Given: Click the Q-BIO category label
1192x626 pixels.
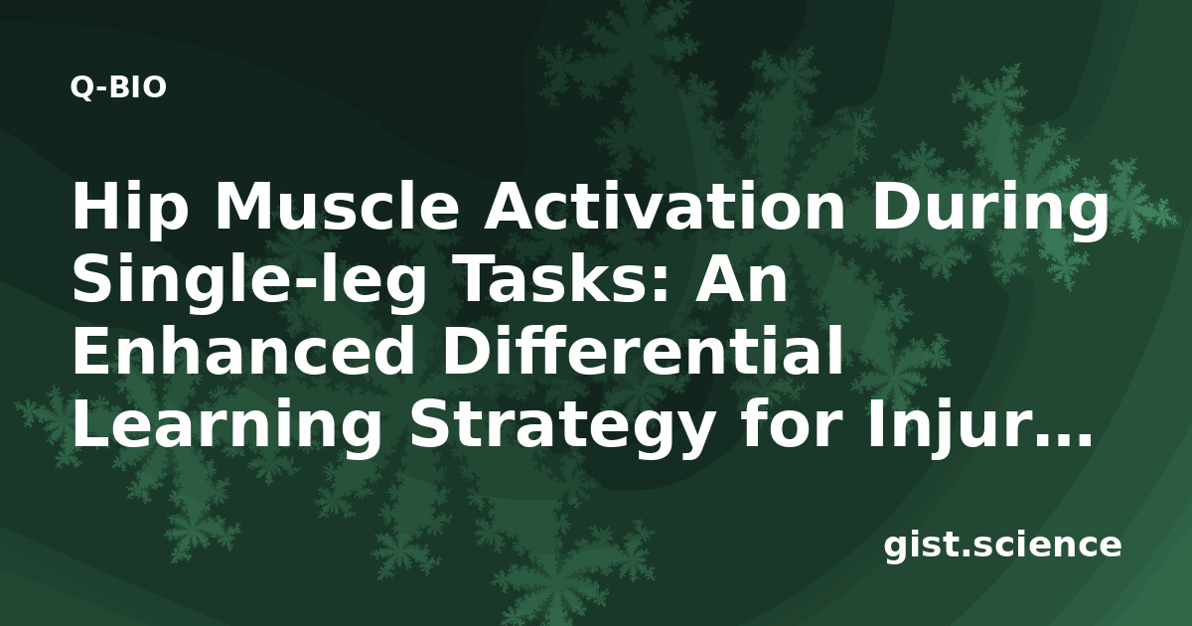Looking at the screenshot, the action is [x=118, y=87].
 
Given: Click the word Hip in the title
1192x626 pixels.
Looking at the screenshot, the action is [x=129, y=208].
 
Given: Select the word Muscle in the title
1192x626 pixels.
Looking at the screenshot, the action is [x=337, y=207].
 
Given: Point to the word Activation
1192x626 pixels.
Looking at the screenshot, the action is [x=664, y=207].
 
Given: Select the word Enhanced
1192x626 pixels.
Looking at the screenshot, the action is [x=243, y=352].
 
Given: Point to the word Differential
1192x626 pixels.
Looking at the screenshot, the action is [x=642, y=351].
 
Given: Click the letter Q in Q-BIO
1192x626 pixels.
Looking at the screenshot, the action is [x=81, y=88].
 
